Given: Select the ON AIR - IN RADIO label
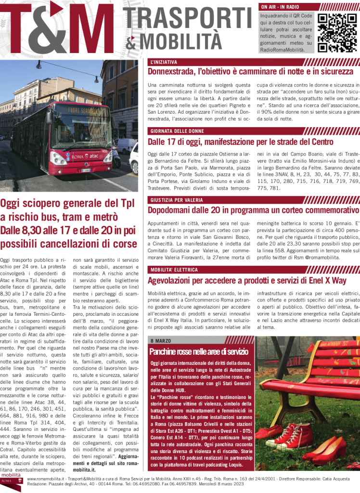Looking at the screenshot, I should coord(280,7).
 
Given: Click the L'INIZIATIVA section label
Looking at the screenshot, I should coord(164,62).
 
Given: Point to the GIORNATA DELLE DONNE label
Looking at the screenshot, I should coord(177,131).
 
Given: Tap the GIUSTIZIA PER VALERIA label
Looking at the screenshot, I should coord(176,200).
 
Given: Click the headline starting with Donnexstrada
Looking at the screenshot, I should coord(250,72).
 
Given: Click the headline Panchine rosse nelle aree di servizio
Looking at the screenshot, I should coord(198,351).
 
